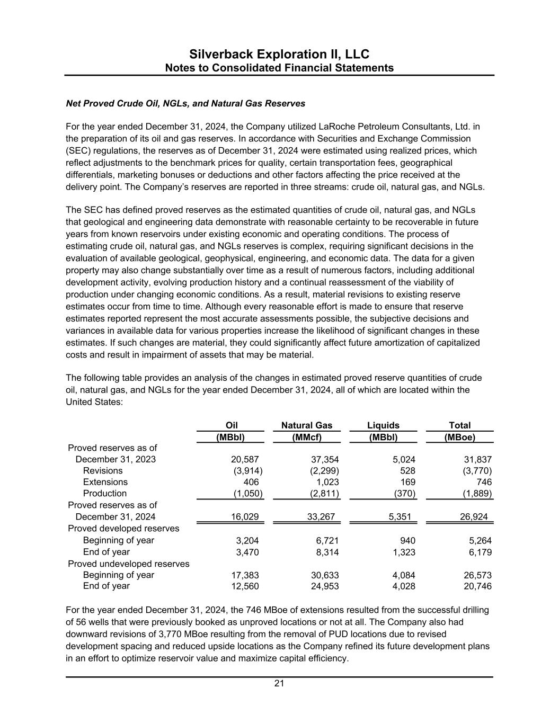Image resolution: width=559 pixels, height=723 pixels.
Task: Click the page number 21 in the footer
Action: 279,684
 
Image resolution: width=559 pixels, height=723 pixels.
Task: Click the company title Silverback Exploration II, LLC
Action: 279,55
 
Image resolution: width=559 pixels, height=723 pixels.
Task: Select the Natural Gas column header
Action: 306,425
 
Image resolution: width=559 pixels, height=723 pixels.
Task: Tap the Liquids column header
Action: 383,425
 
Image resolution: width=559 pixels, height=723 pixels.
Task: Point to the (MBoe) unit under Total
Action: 459,437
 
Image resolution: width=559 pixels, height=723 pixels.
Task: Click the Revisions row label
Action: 103,470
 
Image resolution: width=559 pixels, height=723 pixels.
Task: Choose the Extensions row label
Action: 105,482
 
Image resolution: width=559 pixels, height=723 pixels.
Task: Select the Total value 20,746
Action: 477,586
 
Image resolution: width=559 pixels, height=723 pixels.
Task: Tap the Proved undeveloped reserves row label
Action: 129,564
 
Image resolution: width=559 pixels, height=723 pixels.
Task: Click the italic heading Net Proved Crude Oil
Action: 185,103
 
